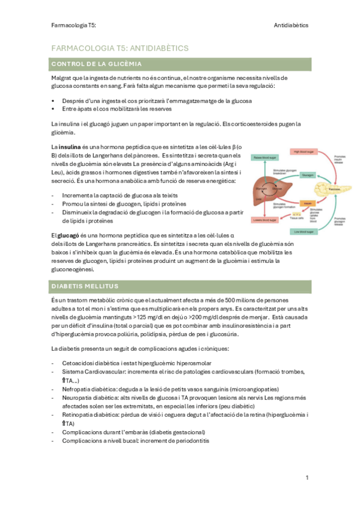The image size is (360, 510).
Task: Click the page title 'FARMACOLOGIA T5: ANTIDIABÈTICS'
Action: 121,47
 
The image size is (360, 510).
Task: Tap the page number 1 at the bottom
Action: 307,478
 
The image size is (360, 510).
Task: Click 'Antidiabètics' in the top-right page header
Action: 291,26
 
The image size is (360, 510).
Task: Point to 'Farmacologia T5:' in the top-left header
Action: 75,26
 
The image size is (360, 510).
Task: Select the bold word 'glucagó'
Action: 68,235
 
